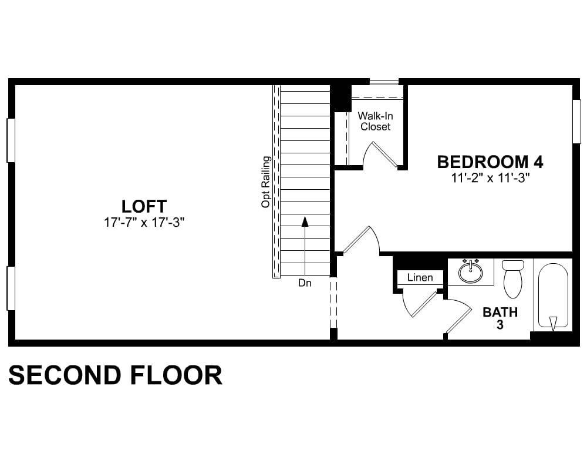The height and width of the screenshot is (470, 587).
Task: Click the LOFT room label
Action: (144, 207)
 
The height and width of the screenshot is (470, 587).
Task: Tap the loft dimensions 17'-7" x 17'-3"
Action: (144, 223)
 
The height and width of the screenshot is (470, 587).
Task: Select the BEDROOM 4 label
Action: (490, 162)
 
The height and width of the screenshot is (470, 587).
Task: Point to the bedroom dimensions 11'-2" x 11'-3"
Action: (491, 178)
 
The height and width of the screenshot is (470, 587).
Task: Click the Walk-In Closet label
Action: (375, 121)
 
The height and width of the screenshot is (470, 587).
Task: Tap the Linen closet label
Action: (420, 277)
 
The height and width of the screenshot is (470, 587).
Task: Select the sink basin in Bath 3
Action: (471, 272)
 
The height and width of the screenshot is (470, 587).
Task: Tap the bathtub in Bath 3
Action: (553, 296)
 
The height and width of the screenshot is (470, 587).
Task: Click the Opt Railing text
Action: (266, 182)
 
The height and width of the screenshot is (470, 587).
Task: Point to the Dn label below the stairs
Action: (305, 283)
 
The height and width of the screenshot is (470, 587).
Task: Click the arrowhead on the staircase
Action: (305, 221)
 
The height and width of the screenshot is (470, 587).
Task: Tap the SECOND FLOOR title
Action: (115, 375)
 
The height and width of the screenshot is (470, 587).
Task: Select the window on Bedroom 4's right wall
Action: (576, 121)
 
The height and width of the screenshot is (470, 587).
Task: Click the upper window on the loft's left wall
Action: (11, 140)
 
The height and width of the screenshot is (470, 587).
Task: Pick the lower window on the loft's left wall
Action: (11, 288)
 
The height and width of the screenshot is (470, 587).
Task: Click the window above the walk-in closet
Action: (384, 82)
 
